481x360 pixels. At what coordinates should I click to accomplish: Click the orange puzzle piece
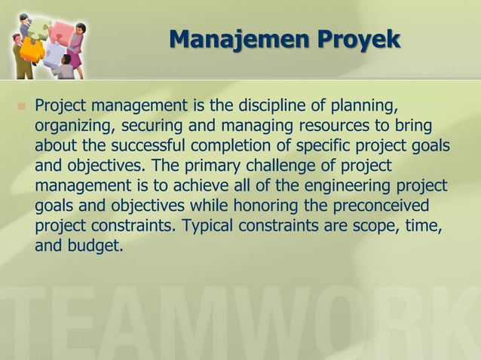pyautogui.click(x=32, y=50)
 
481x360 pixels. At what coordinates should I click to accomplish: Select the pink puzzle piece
pyautogui.click(x=54, y=47)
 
